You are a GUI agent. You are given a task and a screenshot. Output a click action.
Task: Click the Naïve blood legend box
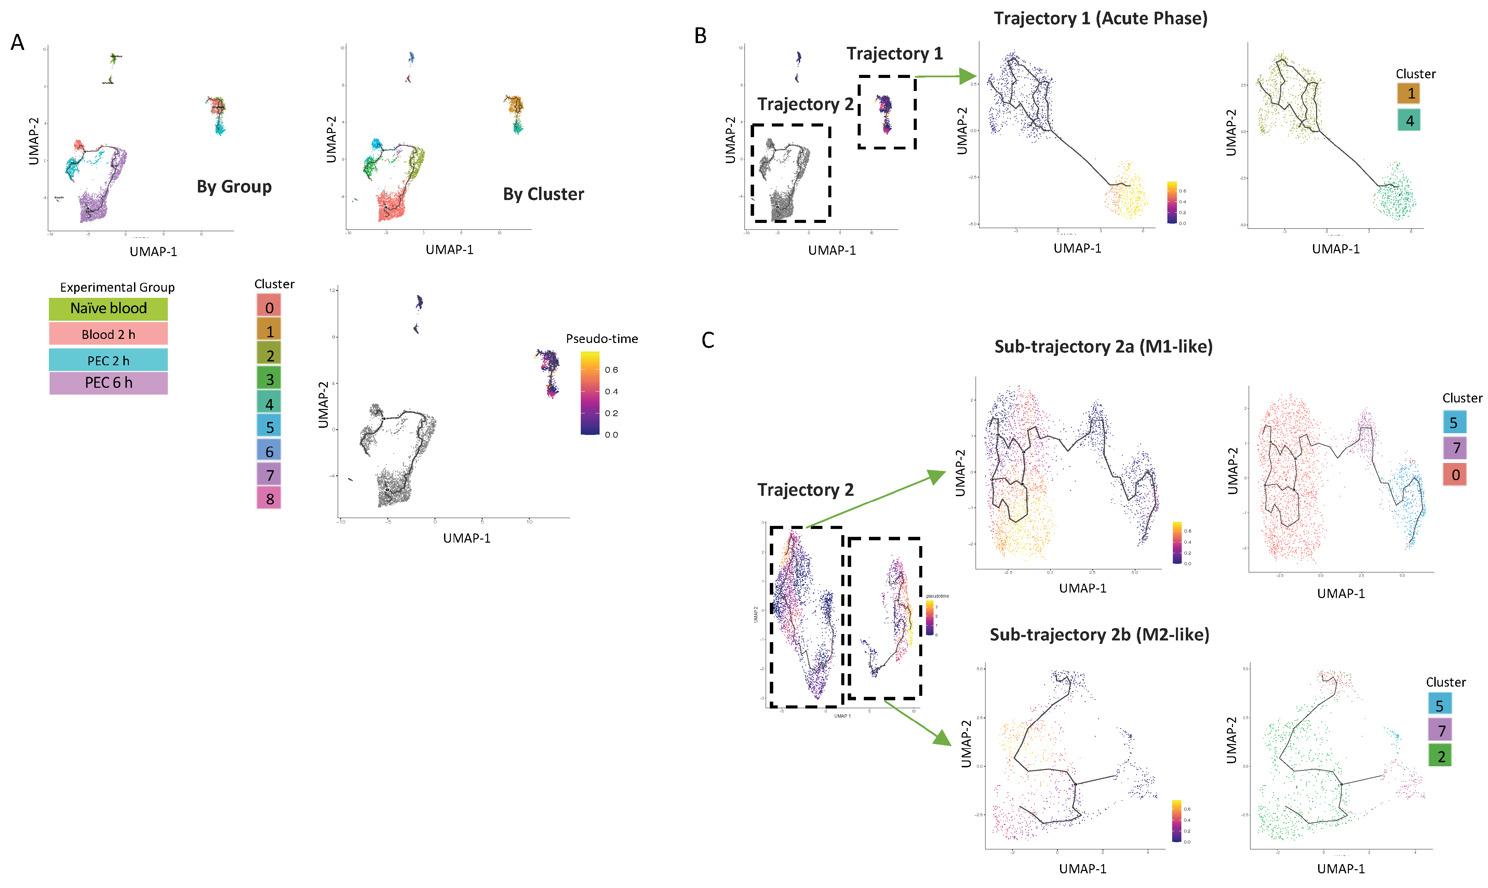pos(108,308)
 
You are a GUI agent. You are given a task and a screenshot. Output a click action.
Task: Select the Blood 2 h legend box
pos(108,334)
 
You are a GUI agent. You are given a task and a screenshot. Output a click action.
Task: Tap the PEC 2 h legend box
pos(108,360)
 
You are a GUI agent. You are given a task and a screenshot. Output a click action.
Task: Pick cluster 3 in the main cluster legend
pos(269,379)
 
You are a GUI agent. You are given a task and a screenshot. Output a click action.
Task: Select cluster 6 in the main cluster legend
pos(269,451)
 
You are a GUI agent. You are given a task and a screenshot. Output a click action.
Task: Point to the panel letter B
pos(700,36)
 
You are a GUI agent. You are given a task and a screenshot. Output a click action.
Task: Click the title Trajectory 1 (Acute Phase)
pos(1100,18)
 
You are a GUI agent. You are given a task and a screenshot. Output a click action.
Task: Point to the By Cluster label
pos(543,195)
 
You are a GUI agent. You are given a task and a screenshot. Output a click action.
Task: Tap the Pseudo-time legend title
pos(602,339)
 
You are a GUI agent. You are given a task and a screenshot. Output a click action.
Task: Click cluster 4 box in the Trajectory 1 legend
pos(1409,120)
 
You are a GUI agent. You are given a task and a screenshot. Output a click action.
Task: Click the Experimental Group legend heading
pos(117,287)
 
